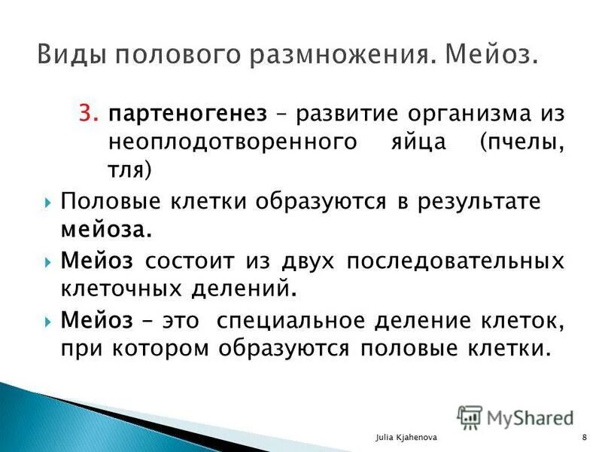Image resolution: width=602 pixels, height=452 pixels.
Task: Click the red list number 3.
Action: tap(88, 115)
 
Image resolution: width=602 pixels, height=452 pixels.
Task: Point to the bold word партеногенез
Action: tap(187, 115)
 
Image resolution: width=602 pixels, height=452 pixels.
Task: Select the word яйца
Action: tap(404, 142)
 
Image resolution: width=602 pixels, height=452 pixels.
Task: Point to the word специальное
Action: tap(287, 319)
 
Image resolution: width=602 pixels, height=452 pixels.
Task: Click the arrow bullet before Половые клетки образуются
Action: tap(47, 203)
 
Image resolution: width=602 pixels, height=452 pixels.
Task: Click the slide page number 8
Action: tap(584, 438)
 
